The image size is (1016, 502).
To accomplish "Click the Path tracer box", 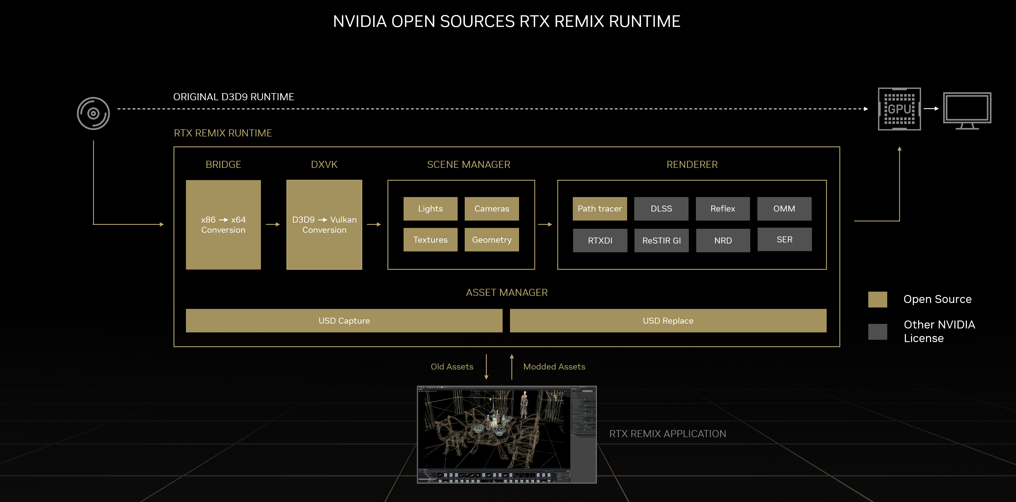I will tap(599, 209).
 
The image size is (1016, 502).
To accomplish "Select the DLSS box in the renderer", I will tap(661, 209).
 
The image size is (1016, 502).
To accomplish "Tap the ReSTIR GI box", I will tap(661, 240).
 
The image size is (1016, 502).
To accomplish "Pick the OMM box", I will tap(784, 209).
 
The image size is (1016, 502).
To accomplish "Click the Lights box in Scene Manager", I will tap(430, 209).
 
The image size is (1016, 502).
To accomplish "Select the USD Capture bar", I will tap(344, 321).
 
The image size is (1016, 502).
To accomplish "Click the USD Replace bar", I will tap(668, 321).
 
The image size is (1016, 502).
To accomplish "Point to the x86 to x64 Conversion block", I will tap(223, 225).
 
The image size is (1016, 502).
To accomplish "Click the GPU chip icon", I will tap(899, 109).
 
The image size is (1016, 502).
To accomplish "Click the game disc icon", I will tap(93, 114).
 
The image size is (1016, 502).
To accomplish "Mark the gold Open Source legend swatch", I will tap(878, 300).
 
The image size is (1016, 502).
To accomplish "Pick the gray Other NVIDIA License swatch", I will tap(878, 332).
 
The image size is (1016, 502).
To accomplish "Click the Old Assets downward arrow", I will tap(486, 367).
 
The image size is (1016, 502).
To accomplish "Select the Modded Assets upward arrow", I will tap(512, 367).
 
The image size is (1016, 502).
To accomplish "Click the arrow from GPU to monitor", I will tap(931, 108).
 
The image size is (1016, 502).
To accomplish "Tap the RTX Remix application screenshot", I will tap(506, 434).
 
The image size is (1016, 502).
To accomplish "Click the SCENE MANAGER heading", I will tap(469, 165).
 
